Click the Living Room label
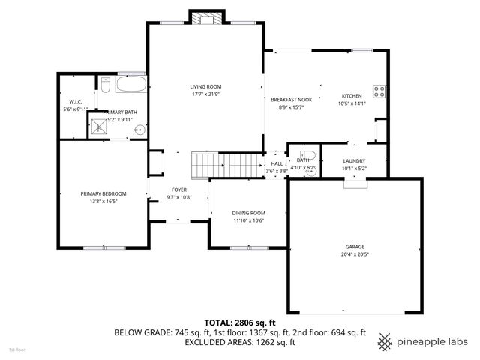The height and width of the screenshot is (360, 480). click(205, 87)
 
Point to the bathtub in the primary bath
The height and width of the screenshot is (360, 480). click(131, 86)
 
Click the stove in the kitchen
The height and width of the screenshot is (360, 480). click(379, 92)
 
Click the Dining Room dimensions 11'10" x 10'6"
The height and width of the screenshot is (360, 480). click(248, 220)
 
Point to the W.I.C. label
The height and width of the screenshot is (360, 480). click(75, 101)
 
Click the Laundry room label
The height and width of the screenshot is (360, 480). click(354, 161)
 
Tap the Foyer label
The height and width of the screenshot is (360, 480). click(178, 190)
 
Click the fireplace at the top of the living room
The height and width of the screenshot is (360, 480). click(205, 18)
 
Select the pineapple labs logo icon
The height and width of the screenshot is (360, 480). click(385, 341)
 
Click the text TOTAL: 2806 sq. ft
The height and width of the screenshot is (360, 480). click(239, 322)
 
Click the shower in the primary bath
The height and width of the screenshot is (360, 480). click(100, 127)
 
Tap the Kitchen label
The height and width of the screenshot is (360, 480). click(352, 96)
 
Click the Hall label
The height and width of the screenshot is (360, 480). click(277, 163)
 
